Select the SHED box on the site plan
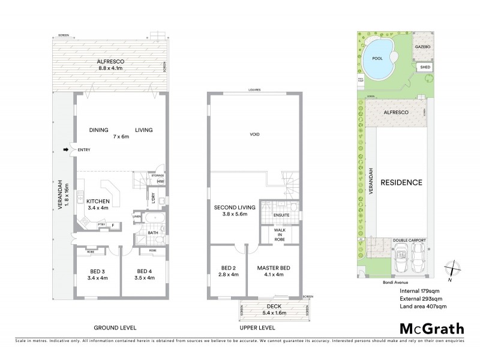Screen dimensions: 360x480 pyautogui.click(x=424, y=68)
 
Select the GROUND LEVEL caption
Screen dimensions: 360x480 pyautogui.click(x=115, y=328)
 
